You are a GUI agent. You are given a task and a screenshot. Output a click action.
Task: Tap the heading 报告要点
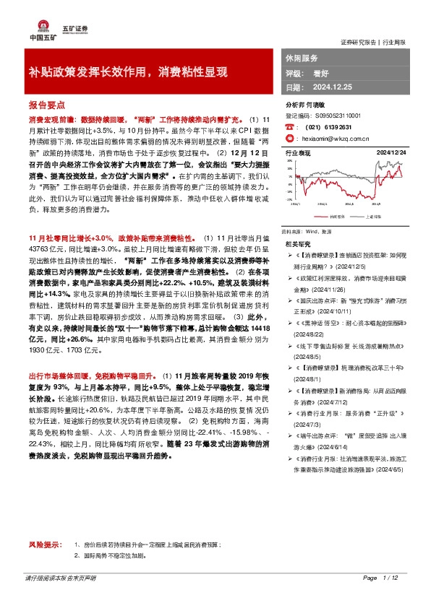(46, 104)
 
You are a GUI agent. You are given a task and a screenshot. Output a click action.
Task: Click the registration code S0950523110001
(341, 115)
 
